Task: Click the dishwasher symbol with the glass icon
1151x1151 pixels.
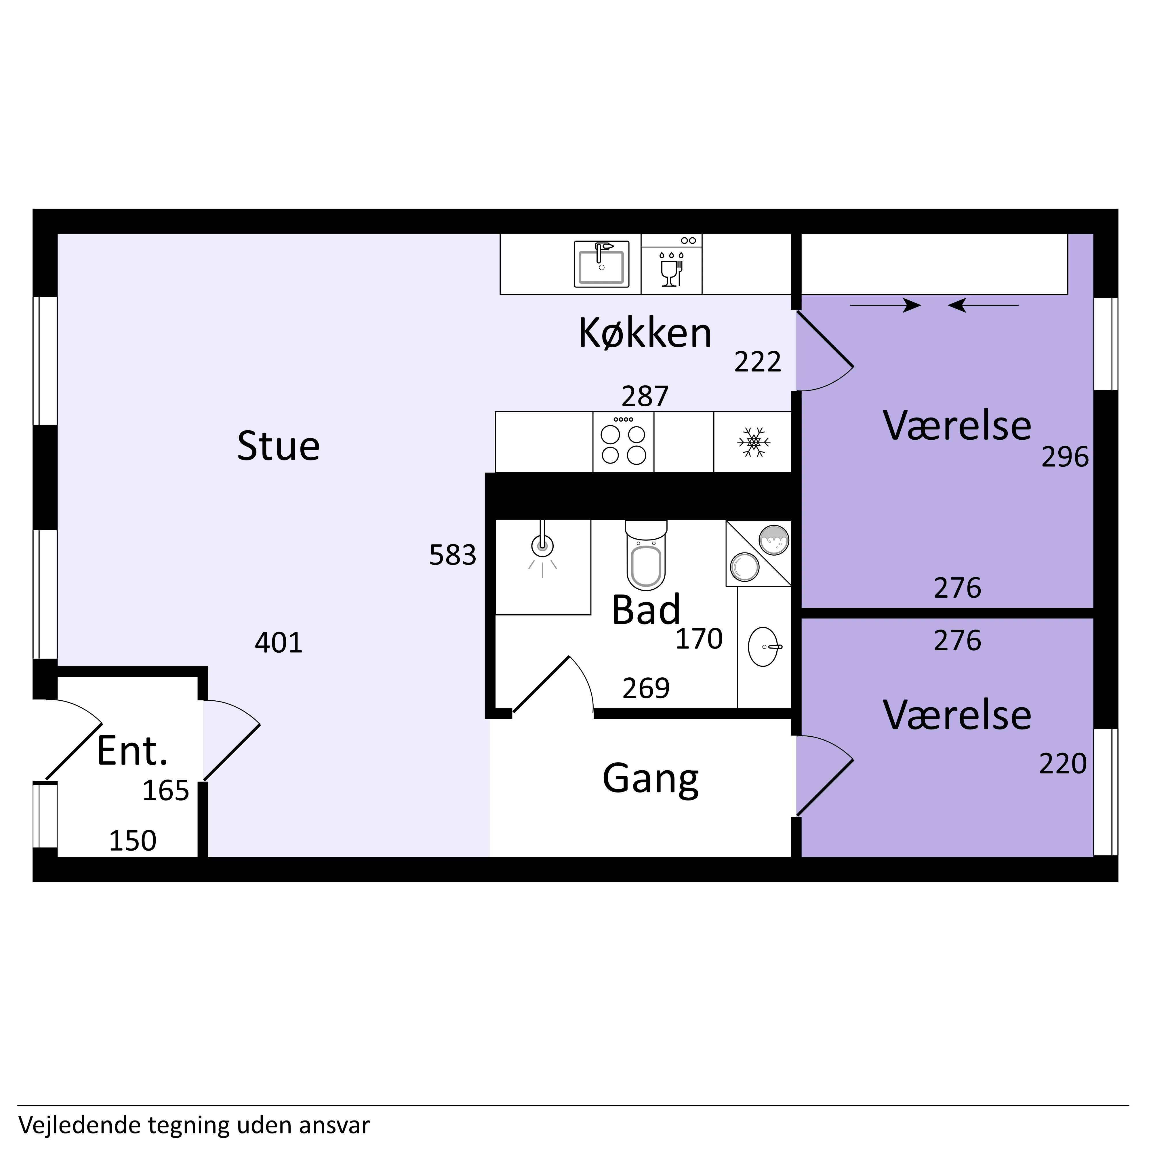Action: (671, 264)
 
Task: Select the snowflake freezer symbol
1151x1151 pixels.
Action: (754, 442)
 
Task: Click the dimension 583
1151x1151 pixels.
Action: (453, 555)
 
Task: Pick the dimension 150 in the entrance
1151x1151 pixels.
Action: (132, 841)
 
